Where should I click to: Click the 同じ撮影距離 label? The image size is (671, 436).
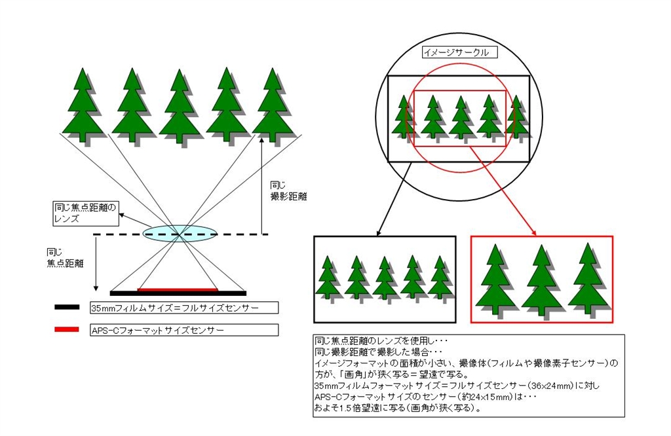[x=288, y=191]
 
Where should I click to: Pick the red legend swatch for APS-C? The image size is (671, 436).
[x=67, y=329]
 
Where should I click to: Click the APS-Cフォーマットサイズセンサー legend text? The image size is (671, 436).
[x=157, y=330]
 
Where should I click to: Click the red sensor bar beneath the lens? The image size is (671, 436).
[x=178, y=289]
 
